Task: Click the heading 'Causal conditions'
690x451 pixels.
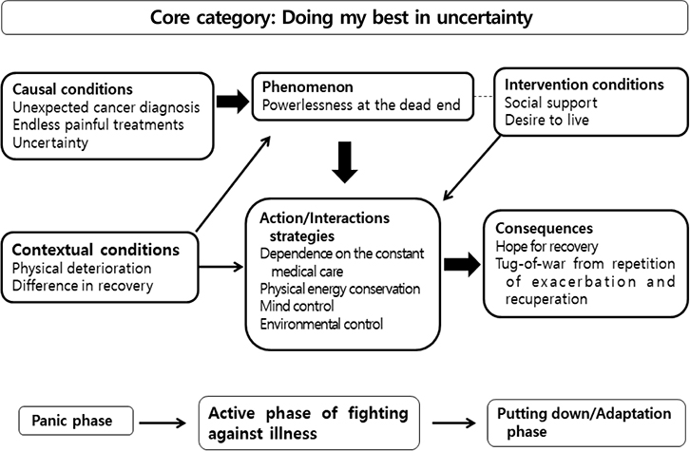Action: coord(72,89)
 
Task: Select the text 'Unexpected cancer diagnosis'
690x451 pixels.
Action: coord(106,107)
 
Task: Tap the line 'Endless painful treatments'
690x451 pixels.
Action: coord(98,124)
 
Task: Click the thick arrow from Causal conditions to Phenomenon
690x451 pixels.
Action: coord(233,102)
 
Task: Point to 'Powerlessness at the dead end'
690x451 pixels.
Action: coord(361,104)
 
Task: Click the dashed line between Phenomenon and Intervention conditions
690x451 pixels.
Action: coord(484,97)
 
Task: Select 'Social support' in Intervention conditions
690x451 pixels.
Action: coord(551,103)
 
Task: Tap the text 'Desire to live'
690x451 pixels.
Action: coord(546,120)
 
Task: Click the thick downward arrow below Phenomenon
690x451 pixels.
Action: coord(345,162)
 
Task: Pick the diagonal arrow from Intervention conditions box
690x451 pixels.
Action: coord(471,168)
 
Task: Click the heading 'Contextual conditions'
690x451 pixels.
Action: coord(95,250)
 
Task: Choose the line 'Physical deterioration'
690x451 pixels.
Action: coord(82,268)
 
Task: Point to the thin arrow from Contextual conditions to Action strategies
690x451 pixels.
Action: coord(220,267)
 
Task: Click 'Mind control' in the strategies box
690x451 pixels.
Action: coord(297,306)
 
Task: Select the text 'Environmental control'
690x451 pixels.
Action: coord(321,325)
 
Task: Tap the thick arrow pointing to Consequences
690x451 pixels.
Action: coord(463,264)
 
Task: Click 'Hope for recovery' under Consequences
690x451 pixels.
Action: coord(546,247)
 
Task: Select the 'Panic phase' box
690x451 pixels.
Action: coord(76,422)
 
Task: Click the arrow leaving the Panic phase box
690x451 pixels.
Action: coord(163,423)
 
